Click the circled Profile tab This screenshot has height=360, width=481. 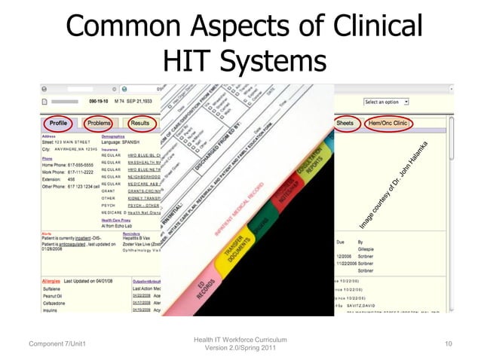tap(57, 122)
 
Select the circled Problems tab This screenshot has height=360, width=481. tap(99, 122)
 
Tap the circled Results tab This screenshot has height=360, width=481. tap(139, 122)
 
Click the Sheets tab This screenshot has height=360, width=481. tap(345, 122)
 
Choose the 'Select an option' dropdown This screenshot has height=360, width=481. tap(386, 101)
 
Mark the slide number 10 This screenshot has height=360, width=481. tap(449, 344)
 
